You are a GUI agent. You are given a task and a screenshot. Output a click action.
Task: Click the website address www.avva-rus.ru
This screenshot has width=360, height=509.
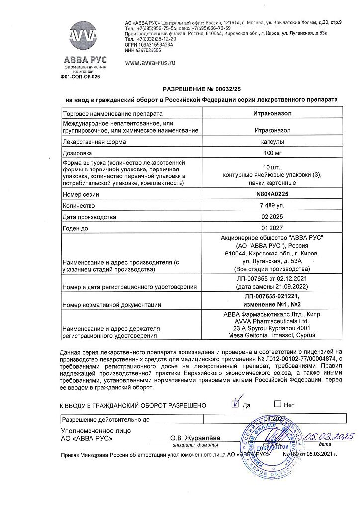point(150,63)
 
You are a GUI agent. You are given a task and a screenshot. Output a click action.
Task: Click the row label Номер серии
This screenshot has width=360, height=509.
point(81,195)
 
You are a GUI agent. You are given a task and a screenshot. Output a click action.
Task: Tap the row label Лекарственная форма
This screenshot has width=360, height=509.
point(94,142)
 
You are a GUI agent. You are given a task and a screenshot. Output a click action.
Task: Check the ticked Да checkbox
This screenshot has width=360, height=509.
point(235,404)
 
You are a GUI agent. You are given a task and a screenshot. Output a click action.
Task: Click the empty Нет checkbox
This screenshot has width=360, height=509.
point(278,404)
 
